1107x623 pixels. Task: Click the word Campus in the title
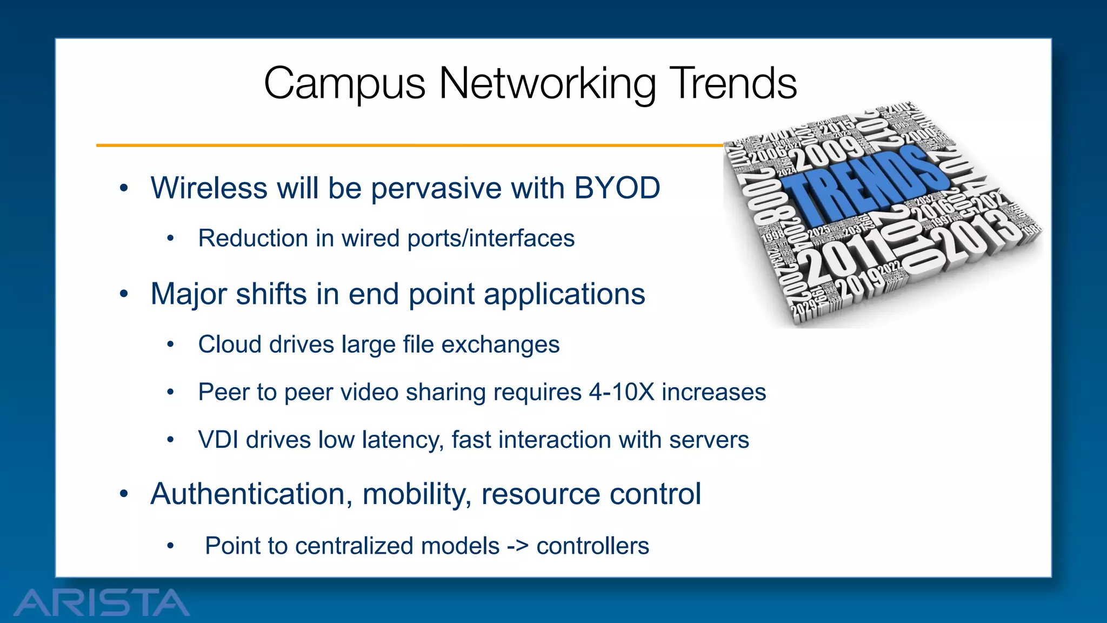[x=344, y=84]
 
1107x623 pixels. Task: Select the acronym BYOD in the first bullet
[x=617, y=188]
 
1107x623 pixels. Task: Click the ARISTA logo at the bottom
[x=101, y=602]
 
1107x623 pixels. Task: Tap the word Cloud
[x=230, y=344]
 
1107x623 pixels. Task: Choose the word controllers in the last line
[x=592, y=546]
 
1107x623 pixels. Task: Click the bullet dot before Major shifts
[x=124, y=294]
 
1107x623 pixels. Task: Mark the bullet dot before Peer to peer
[x=170, y=392]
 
